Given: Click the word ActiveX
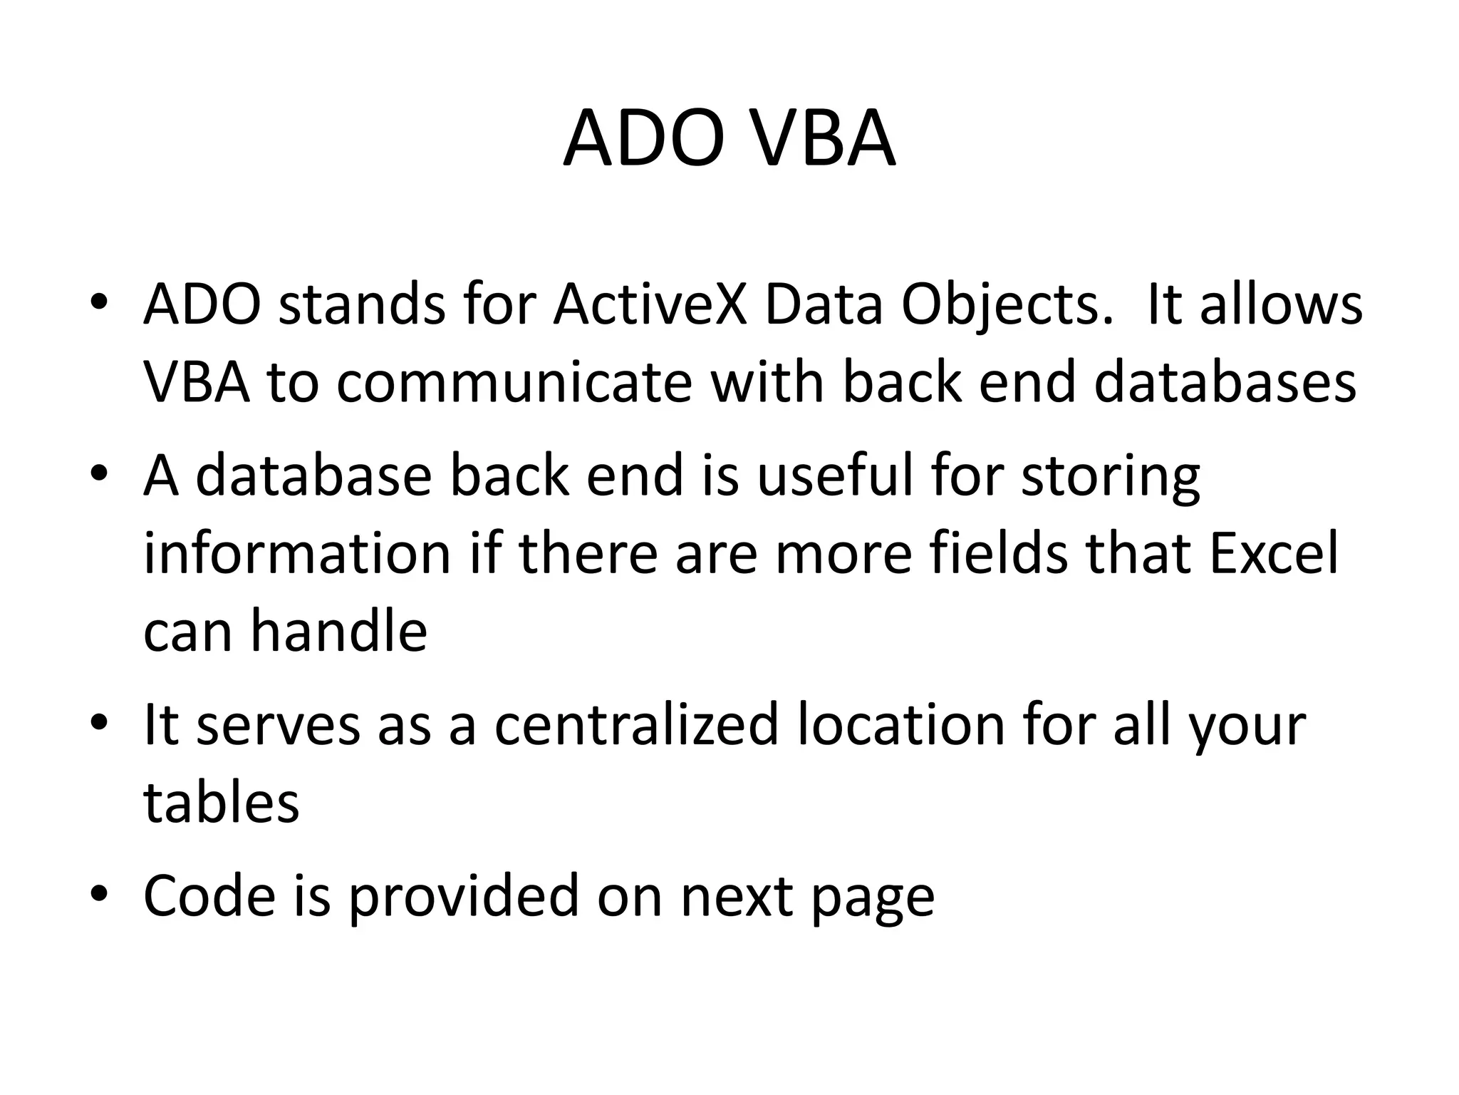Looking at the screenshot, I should (x=650, y=305).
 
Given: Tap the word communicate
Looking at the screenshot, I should (x=514, y=382).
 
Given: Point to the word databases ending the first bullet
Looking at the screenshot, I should (x=1225, y=382).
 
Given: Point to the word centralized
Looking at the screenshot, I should (x=636, y=724).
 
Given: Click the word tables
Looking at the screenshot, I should (x=222, y=802).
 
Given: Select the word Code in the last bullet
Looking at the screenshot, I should (x=209, y=895).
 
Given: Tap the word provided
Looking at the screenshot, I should (x=463, y=895).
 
